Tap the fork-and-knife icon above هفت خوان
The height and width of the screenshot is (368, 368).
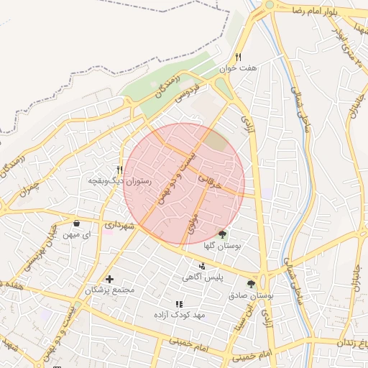pyautogui.click(x=239, y=57)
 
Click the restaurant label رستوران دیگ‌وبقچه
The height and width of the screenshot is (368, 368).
pyautogui.click(x=119, y=181)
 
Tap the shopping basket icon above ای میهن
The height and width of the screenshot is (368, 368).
pyautogui.click(x=77, y=223)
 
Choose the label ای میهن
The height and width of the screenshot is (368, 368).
pyautogui.click(x=77, y=234)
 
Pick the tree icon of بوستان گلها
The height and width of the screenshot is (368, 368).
pyautogui.click(x=222, y=234)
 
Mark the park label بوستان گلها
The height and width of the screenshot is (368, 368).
pyautogui.click(x=221, y=246)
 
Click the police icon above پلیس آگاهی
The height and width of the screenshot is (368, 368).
pyautogui.click(x=201, y=266)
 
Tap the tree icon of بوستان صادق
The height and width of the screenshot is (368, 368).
pyautogui.click(x=251, y=283)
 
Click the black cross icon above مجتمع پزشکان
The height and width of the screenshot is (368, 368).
pyautogui.click(x=109, y=279)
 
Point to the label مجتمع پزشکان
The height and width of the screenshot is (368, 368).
pyautogui.click(x=110, y=290)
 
